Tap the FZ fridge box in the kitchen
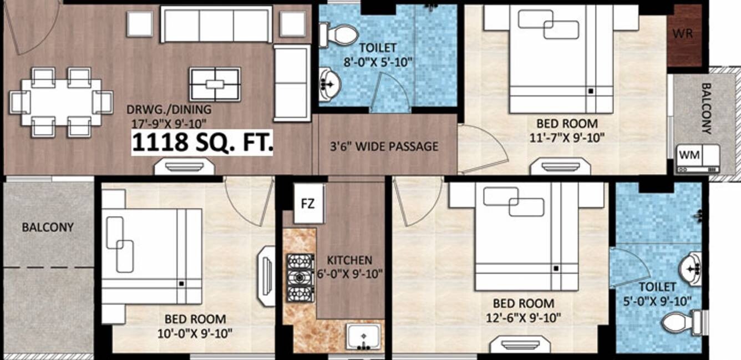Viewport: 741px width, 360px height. [308, 204]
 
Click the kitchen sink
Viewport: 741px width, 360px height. [363, 337]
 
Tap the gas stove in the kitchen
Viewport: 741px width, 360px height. [300, 278]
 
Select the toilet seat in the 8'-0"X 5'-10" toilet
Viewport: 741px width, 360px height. [339, 35]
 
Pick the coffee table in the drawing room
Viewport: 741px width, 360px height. [215, 84]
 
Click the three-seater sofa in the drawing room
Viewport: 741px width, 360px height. [216, 25]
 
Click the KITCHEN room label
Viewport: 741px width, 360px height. [349, 260]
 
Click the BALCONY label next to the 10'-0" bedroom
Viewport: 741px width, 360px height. [48, 227]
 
